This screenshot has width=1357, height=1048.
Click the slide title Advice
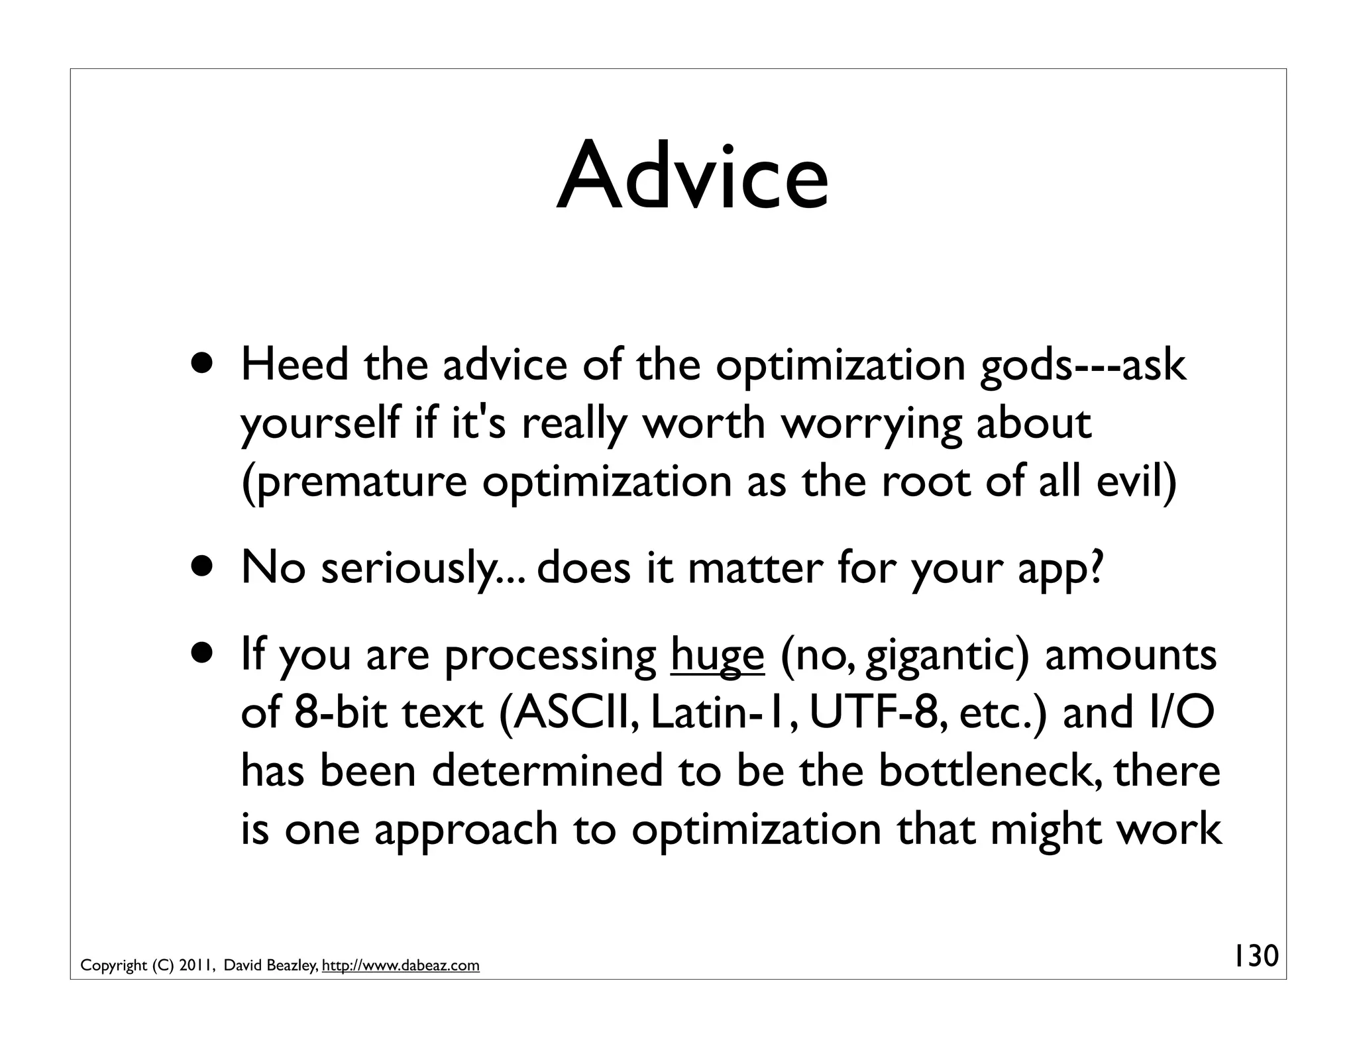[x=692, y=178]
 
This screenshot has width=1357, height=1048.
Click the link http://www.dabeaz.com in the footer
[x=400, y=966]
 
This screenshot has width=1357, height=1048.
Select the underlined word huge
[x=718, y=656]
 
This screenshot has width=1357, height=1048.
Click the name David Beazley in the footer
[x=272, y=966]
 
